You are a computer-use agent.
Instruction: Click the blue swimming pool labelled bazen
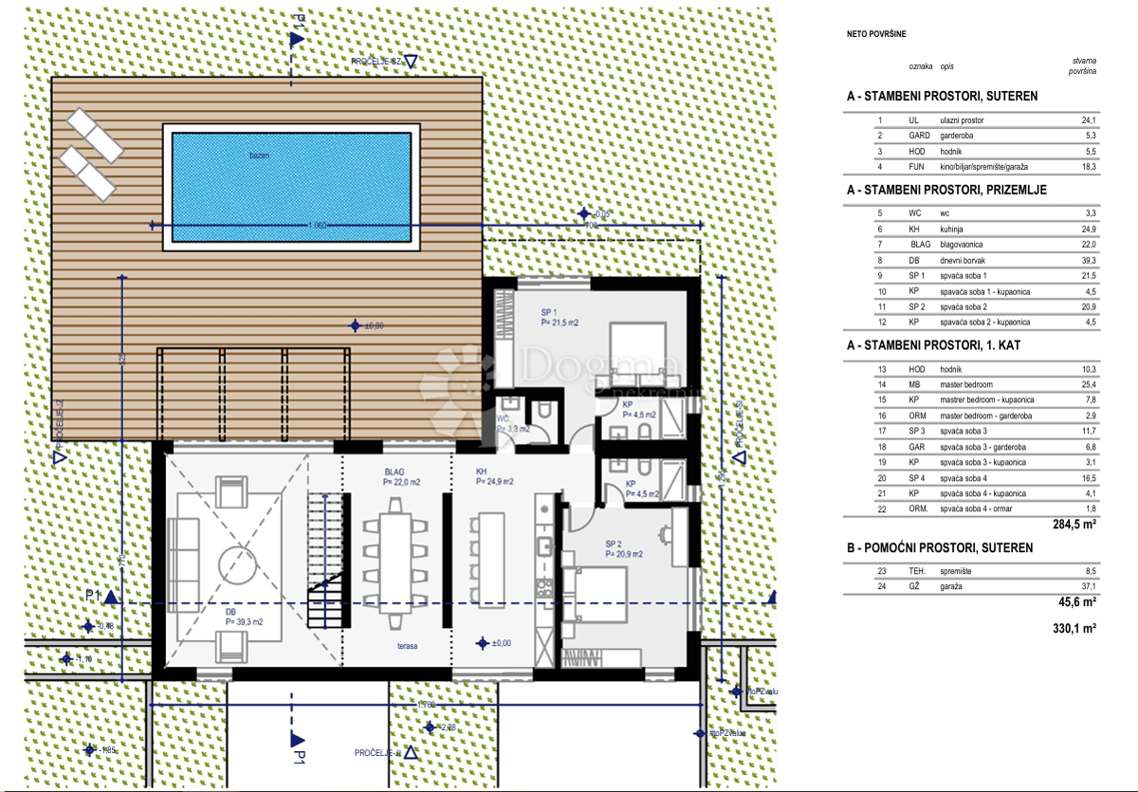tap(291, 187)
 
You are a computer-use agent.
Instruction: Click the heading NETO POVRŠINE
tap(876, 34)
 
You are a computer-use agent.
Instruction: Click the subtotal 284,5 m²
tap(1074, 524)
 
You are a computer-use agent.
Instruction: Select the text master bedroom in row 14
tap(966, 384)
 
